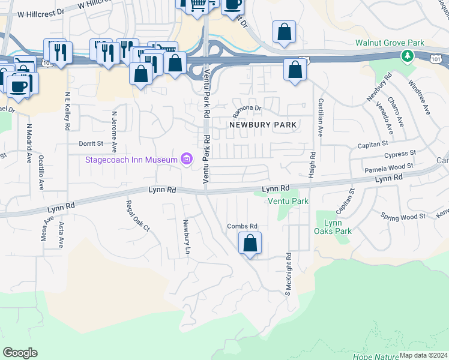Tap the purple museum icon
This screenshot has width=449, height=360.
[187, 159]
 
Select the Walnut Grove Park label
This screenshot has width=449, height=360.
[390, 43]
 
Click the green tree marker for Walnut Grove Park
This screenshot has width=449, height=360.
[408, 56]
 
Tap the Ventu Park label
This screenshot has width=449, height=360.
[288, 201]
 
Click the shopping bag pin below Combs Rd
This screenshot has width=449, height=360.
[250, 244]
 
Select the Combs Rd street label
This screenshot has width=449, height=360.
[242, 226]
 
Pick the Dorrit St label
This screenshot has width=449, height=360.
[91, 144]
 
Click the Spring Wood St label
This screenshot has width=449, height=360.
[403, 215]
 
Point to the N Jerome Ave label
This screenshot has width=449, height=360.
[113, 131]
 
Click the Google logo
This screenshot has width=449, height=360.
[20, 353]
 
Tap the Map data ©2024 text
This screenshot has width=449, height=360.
[423, 355]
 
